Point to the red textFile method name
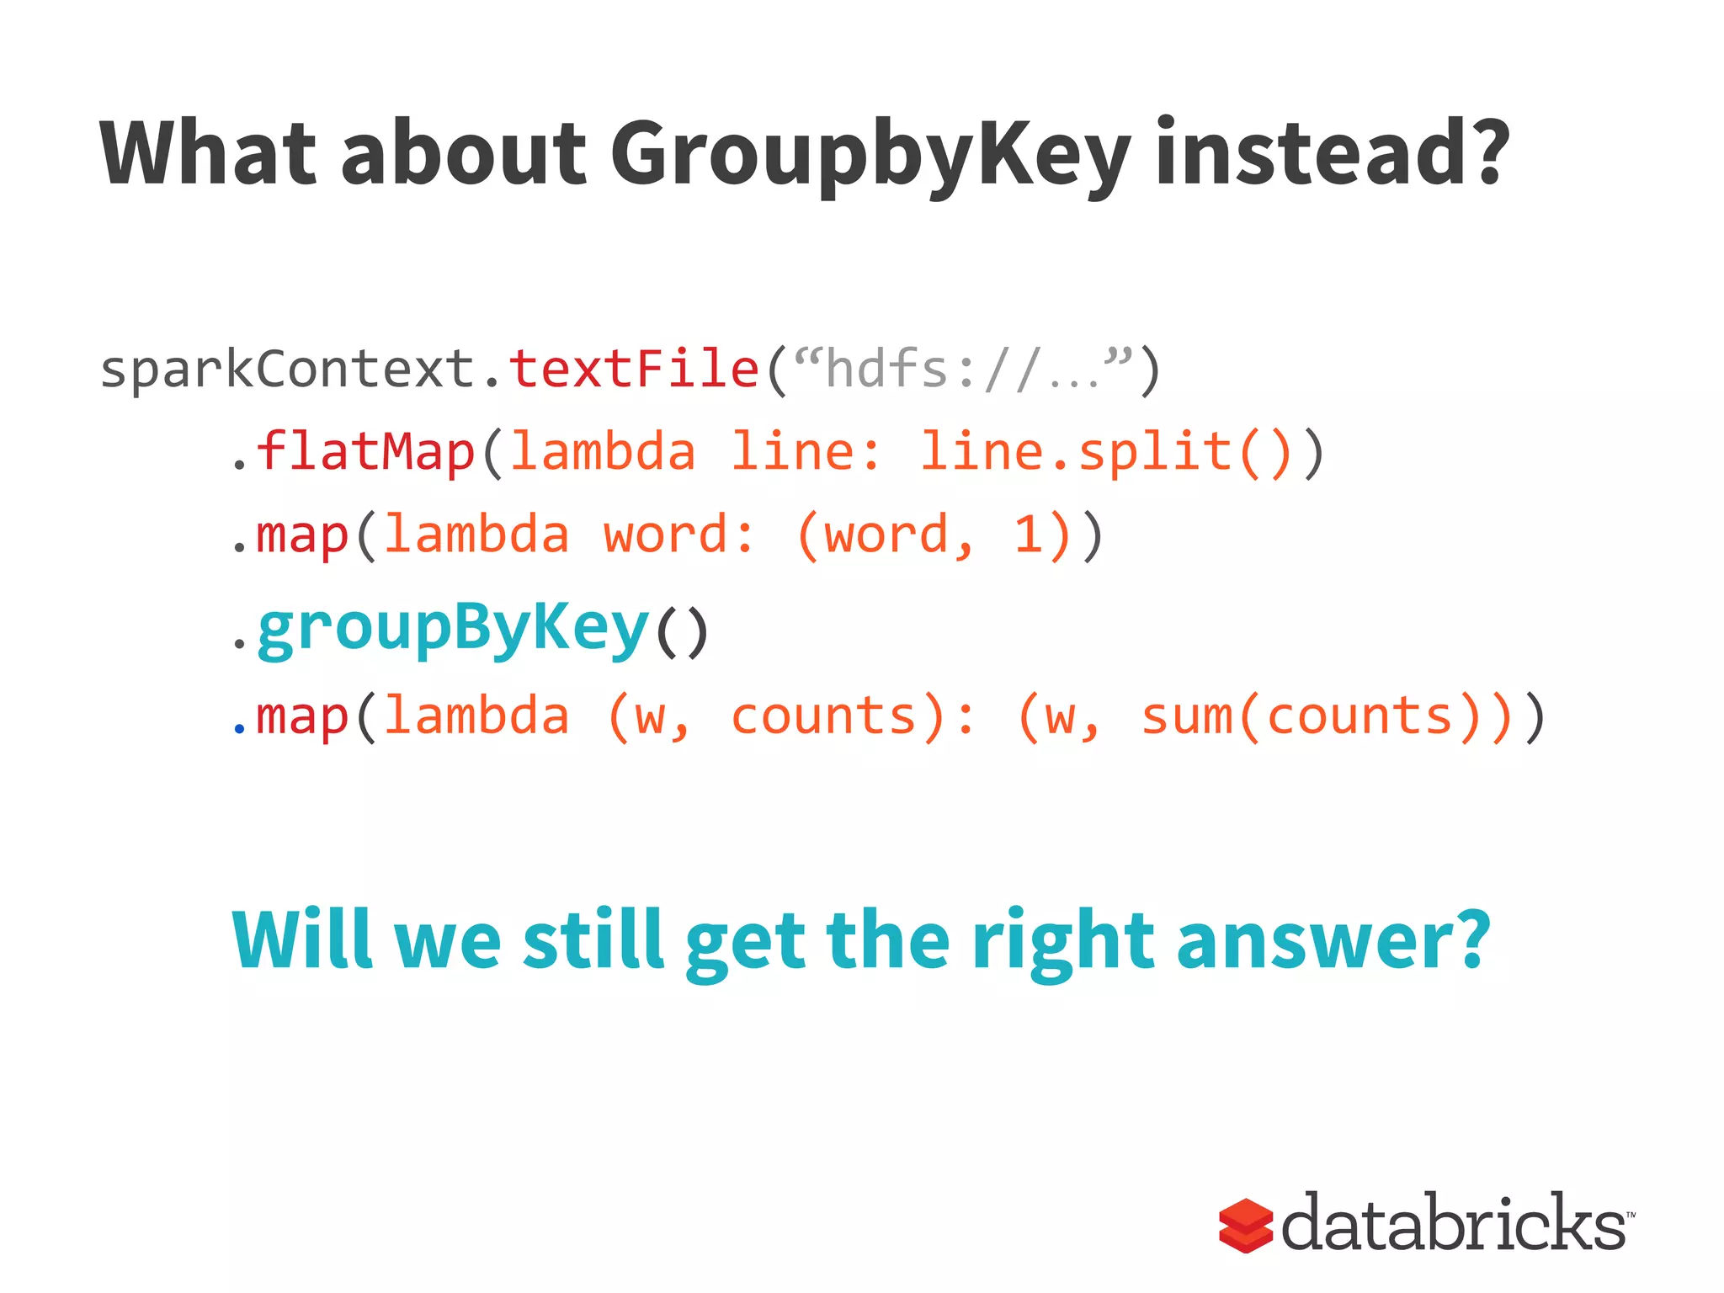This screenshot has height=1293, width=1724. coord(634,370)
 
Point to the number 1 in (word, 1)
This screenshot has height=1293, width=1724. coord(1028,535)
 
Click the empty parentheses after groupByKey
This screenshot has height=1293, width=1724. coord(682,632)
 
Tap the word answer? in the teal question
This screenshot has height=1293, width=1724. coord(1333,940)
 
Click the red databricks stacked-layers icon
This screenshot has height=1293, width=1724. coord(1245,1226)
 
